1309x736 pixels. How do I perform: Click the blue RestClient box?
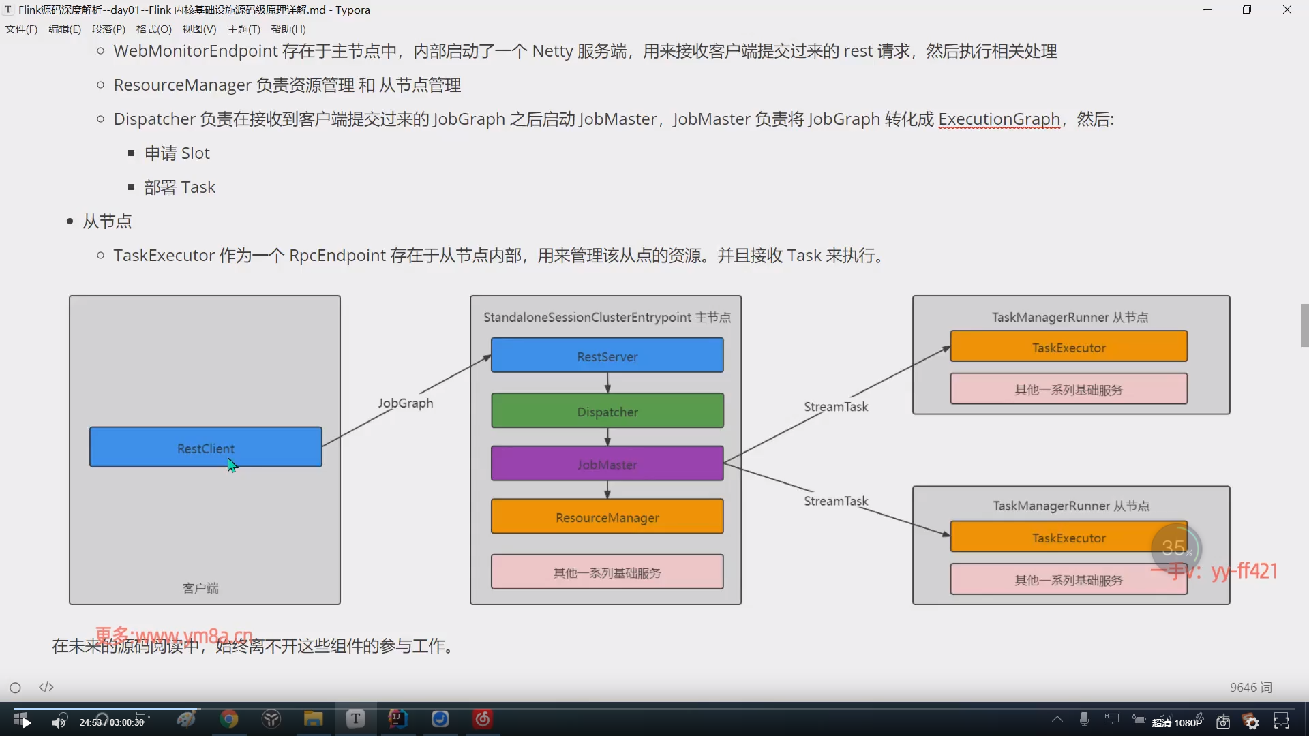[x=205, y=447]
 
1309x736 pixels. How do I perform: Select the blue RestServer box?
[x=607, y=355]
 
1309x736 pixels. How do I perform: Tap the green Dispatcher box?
[x=607, y=411]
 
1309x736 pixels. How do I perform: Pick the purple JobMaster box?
[x=607, y=463]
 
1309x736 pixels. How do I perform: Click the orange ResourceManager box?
[x=607, y=517]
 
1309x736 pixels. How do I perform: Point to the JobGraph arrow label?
[x=406, y=403]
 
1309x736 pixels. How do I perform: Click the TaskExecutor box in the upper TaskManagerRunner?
[x=1068, y=346]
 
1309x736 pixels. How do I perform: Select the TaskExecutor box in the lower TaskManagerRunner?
[x=1068, y=537]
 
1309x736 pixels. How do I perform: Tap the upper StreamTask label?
[x=836, y=407]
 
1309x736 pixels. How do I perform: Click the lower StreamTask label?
[x=836, y=501]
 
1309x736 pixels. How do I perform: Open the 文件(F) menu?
[x=21, y=29]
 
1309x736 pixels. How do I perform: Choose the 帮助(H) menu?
[x=288, y=29]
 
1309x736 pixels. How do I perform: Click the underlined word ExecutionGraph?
[x=999, y=119]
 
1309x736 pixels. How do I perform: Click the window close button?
[x=1287, y=10]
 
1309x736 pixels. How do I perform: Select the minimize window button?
[x=1207, y=10]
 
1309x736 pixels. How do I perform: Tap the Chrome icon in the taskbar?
[x=229, y=719]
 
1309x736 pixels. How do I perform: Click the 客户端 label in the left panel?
[x=200, y=588]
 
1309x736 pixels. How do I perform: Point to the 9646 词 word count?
[x=1251, y=688]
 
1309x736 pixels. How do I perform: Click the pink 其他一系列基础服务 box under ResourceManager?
[x=607, y=572]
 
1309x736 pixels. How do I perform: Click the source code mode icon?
[x=46, y=687]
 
